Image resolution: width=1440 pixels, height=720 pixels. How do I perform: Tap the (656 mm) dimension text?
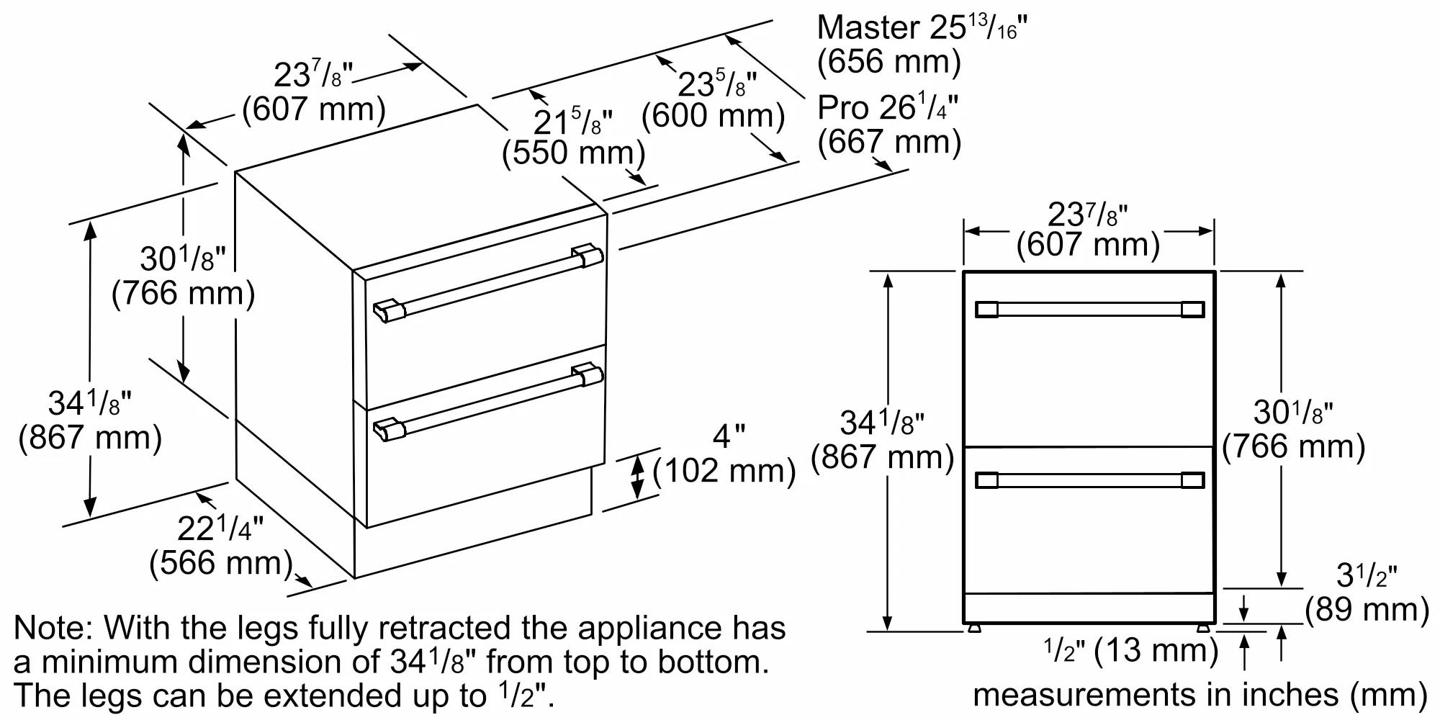[x=889, y=61]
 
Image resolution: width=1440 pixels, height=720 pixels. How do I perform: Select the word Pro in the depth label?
[x=843, y=108]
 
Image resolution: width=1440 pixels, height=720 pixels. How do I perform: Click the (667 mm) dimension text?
[x=889, y=141]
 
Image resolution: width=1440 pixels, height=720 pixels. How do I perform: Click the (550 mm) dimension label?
[x=573, y=153]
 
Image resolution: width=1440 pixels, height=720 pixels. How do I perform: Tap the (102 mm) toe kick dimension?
[x=724, y=471]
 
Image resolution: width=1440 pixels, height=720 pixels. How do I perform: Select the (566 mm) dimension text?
[x=221, y=562]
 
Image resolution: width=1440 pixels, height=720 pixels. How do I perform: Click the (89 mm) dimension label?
[x=1367, y=609]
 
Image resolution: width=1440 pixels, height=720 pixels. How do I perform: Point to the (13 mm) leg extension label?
[x=1156, y=651]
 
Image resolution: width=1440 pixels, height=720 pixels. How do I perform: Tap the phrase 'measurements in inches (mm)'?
[x=1200, y=695]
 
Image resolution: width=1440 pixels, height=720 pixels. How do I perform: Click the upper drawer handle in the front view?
[x=1089, y=310]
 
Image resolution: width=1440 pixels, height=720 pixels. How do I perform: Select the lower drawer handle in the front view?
[x=1089, y=480]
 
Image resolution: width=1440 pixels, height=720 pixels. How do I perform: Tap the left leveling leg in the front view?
[x=974, y=628]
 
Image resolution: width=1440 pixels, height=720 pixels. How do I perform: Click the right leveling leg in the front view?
[x=1203, y=628]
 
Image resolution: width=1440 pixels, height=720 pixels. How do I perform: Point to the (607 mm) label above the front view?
[x=1088, y=245]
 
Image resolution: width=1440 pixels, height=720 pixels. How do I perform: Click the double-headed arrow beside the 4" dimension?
[x=637, y=477]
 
